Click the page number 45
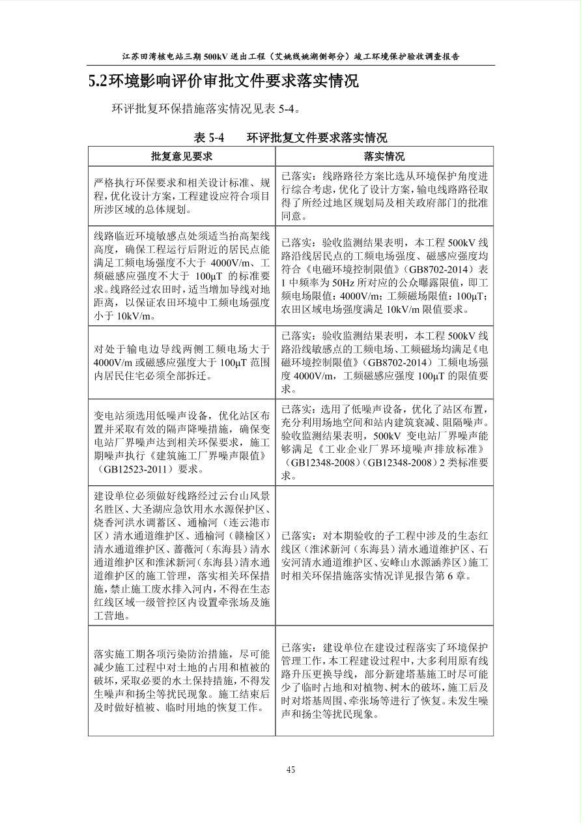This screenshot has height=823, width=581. pos(290,770)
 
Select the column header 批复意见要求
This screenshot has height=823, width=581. pos(182,156)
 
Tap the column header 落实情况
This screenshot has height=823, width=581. pos(384,156)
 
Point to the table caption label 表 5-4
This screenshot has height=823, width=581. pos(209,137)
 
